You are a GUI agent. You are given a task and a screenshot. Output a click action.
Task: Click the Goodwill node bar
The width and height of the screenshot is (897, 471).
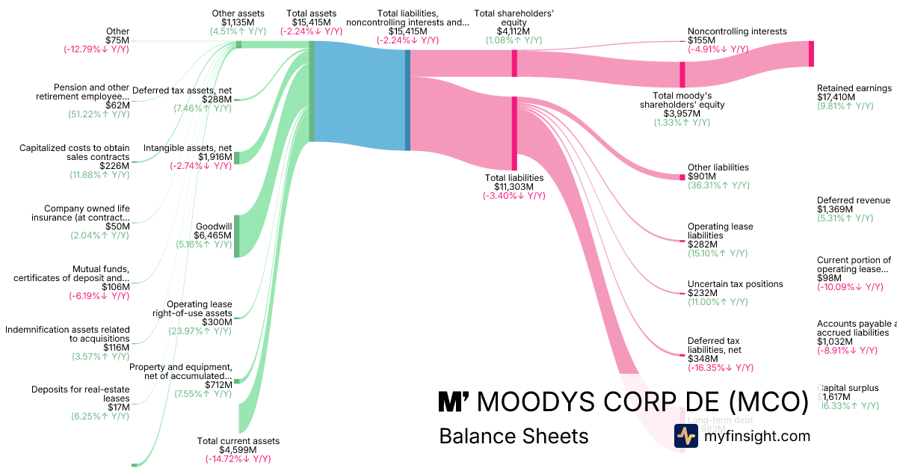(237, 236)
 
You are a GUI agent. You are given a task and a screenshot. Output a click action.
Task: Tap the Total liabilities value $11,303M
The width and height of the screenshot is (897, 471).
(514, 187)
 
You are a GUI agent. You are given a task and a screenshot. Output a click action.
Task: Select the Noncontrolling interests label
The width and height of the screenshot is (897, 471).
(736, 31)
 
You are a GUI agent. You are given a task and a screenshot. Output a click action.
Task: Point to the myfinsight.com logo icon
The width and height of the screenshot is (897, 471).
(685, 436)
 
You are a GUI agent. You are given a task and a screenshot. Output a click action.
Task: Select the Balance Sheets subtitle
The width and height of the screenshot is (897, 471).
(514, 436)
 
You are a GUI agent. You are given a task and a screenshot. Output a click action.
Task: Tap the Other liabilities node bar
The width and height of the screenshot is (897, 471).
(682, 177)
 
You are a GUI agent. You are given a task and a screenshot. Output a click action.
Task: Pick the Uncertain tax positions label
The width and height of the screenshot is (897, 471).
(735, 284)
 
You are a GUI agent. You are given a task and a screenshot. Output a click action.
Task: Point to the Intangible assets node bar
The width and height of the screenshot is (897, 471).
(237, 157)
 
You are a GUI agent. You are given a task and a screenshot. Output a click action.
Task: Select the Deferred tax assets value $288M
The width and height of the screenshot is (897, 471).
(217, 99)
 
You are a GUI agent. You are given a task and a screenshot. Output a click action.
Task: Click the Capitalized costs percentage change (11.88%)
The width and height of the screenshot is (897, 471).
(100, 175)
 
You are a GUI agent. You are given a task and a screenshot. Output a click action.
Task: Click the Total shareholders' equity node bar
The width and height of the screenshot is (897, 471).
(514, 63)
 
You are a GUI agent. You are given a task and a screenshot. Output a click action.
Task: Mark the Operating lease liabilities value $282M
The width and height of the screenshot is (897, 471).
(703, 244)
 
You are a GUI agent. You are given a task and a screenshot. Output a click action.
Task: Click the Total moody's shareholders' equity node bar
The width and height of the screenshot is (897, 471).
(682, 75)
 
